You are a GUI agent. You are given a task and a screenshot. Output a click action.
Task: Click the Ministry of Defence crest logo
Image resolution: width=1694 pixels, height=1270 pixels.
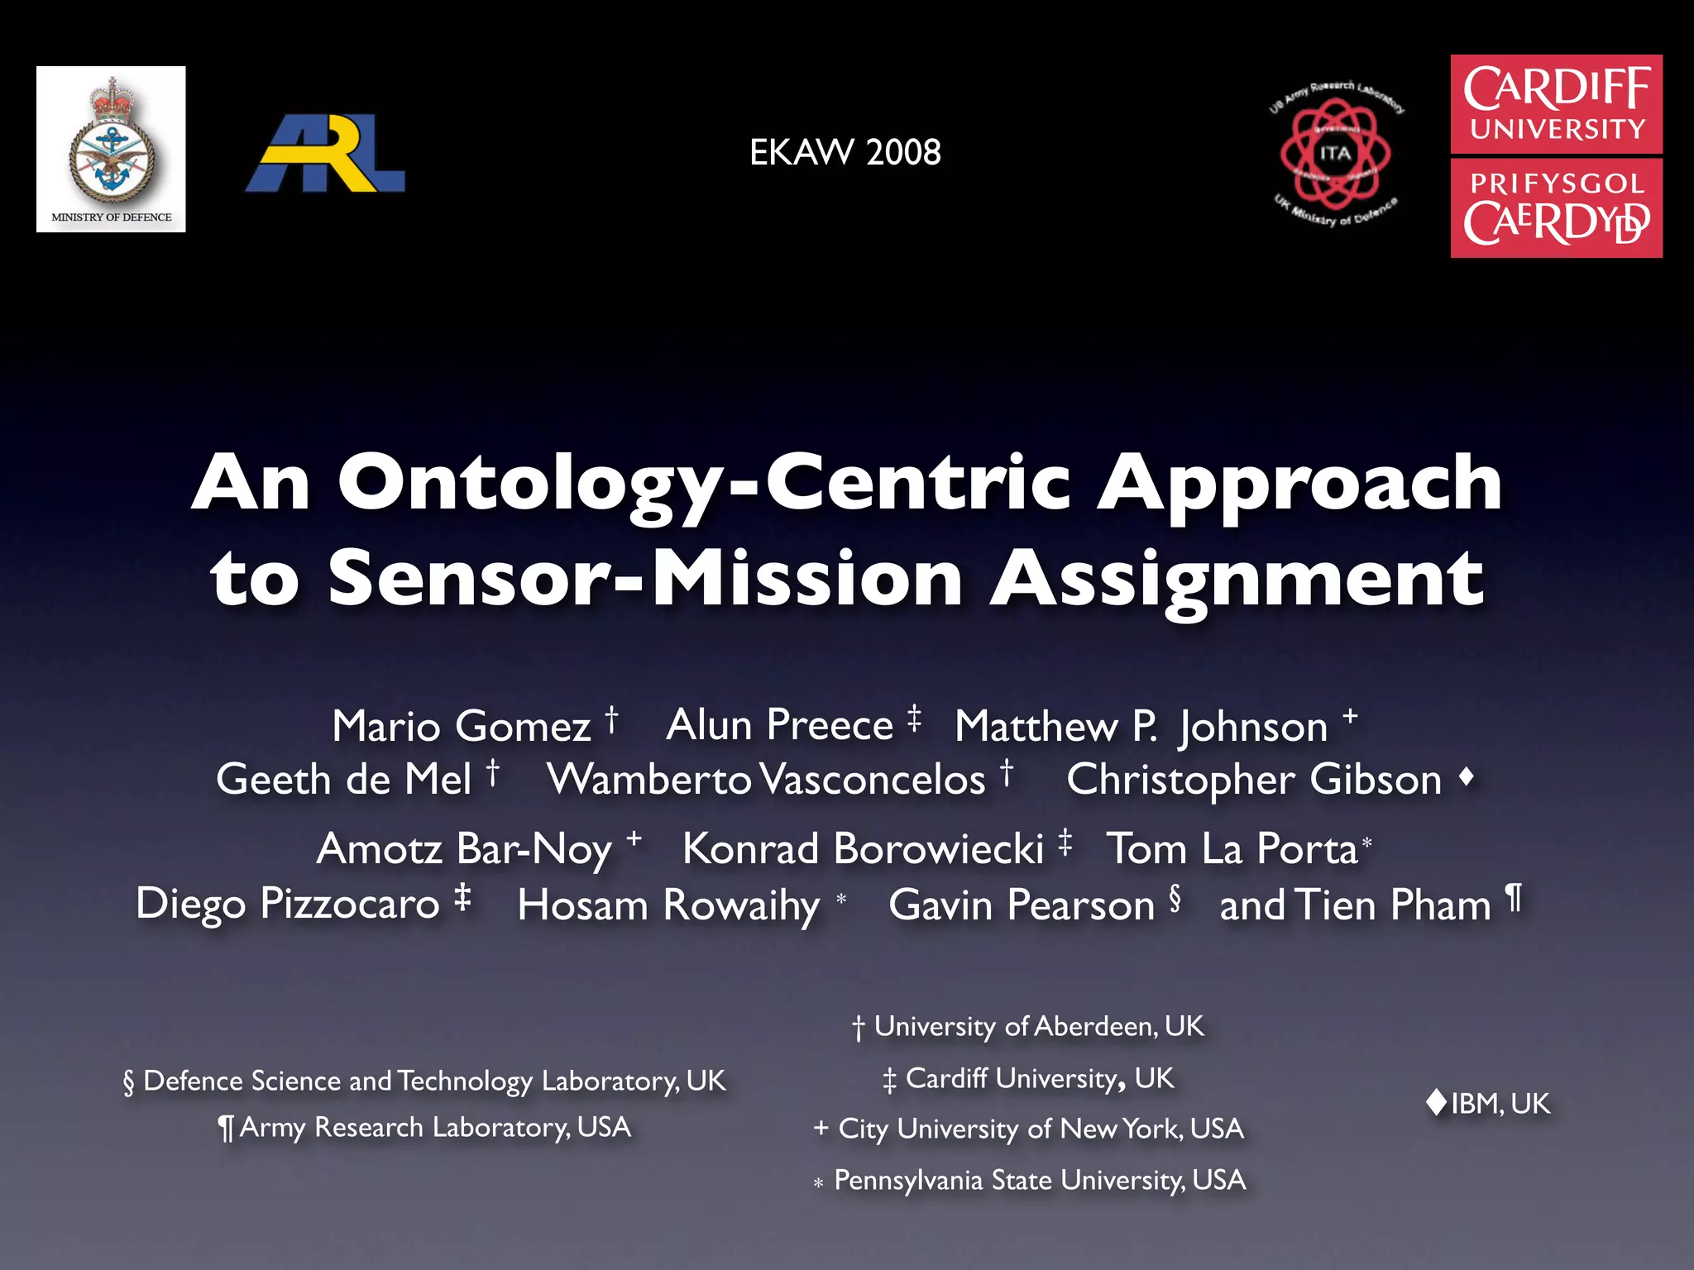pos(111,149)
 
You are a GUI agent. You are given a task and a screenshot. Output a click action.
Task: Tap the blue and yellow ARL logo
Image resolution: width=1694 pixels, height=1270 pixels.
pos(325,154)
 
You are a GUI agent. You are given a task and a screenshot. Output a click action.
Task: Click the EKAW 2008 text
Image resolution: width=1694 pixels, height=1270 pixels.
pos(845,152)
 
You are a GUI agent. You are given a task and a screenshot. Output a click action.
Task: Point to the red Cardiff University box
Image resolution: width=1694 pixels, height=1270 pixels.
pos(1556,104)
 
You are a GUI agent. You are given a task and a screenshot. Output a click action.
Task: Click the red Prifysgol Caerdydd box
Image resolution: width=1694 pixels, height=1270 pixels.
pos(1556,208)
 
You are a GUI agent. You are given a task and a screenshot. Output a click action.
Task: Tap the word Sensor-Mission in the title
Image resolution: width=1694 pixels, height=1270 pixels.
pos(646,579)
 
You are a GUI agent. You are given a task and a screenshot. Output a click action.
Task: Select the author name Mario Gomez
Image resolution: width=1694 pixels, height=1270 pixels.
pos(461,726)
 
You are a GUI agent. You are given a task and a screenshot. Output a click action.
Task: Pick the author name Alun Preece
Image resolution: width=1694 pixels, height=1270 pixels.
pos(779,725)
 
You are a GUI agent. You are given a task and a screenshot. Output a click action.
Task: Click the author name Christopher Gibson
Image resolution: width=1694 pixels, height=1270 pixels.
pos(1253,780)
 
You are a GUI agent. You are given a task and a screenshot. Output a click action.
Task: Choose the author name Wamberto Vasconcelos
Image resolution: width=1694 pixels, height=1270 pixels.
pos(766,780)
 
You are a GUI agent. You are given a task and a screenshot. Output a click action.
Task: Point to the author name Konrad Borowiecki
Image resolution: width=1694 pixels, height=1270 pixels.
pos(863,849)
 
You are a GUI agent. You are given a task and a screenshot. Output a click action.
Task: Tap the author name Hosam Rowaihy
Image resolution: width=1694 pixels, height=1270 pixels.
pos(668,905)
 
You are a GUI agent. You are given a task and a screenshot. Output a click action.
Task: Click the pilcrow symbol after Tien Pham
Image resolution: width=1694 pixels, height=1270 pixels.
pos(1513,897)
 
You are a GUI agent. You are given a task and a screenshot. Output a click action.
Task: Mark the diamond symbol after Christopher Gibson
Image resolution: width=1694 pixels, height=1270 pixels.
pos(1467,776)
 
